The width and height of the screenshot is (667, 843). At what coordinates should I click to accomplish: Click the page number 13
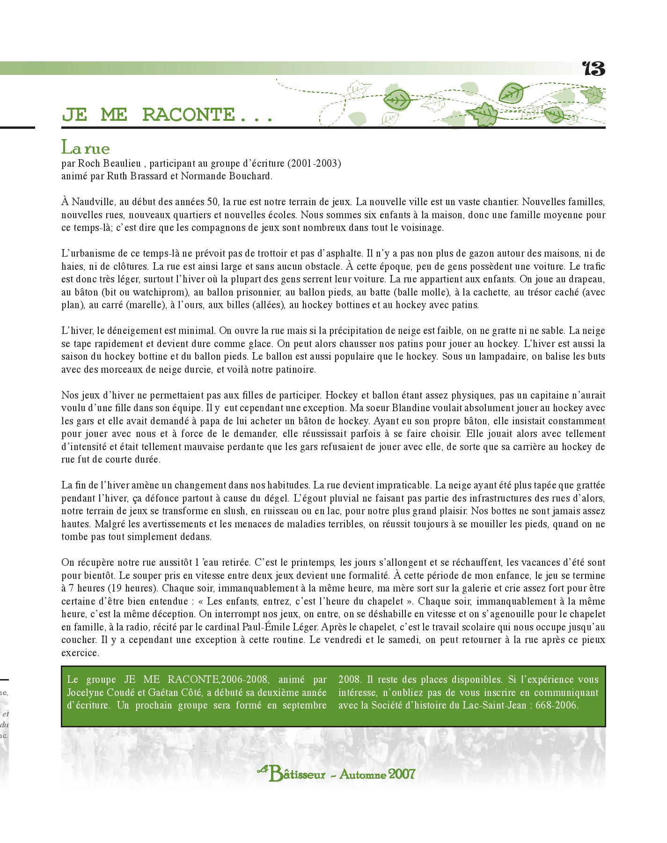[594, 69]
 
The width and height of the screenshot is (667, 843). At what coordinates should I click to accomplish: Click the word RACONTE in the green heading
[189, 115]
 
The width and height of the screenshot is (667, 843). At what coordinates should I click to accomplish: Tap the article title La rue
[86, 148]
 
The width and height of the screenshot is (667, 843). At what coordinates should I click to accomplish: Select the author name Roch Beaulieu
[107, 164]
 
